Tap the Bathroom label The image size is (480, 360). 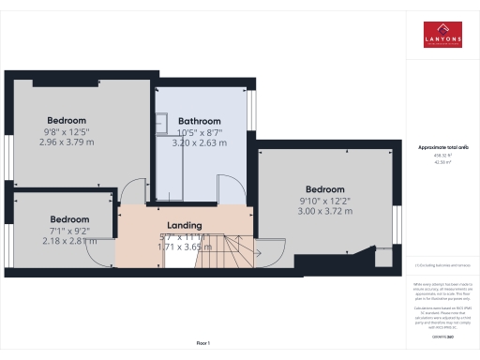199,121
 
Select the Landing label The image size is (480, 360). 184,226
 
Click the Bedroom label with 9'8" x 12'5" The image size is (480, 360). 67,120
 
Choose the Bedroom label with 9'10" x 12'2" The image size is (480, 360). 325,187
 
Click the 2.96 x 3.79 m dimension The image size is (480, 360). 67,143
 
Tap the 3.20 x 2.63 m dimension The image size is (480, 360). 199,144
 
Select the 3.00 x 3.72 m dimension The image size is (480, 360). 325,211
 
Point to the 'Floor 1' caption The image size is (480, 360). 202,343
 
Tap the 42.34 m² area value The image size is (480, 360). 442,162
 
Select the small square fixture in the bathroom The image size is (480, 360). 160,119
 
